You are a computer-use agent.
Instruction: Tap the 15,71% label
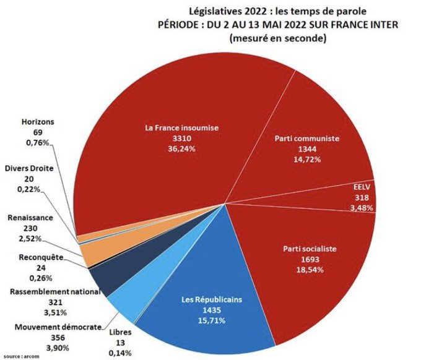click(x=204, y=320)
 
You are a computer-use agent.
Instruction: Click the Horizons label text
click(x=38, y=122)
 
